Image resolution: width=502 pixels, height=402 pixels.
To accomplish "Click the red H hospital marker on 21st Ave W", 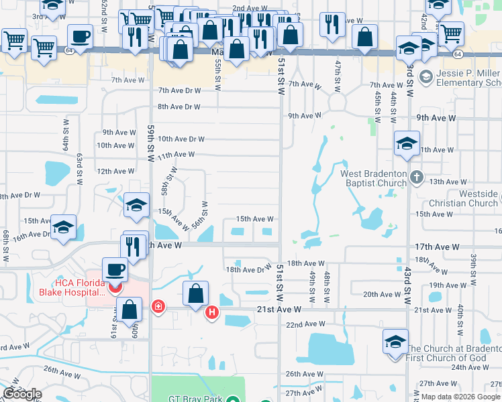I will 212,312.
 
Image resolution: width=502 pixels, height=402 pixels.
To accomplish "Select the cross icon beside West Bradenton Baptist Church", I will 417,178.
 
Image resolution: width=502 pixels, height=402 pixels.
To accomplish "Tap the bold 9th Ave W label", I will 436,117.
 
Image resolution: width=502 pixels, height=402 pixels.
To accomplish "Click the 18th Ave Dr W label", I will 248,269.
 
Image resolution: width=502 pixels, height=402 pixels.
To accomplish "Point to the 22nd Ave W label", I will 304,324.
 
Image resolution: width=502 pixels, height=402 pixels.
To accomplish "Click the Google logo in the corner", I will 22,395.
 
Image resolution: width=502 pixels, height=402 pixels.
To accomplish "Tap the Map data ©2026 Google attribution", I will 460,397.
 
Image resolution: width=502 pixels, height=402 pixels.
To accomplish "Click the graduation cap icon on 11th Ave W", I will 406,145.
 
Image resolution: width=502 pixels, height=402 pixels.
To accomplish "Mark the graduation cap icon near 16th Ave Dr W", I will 63,228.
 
